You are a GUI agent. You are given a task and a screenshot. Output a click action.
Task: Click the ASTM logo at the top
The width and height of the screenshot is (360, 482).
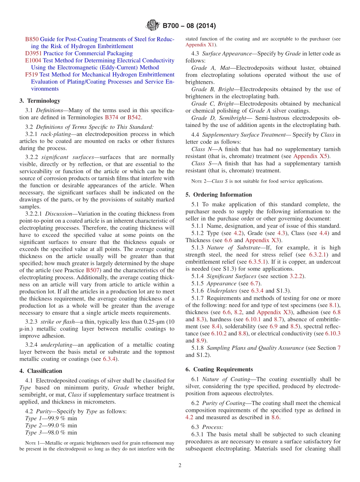[153, 26]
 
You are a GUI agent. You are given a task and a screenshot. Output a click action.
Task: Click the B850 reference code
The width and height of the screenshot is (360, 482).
[32, 39]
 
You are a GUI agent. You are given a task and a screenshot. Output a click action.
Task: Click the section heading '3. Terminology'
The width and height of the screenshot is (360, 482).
[40, 101]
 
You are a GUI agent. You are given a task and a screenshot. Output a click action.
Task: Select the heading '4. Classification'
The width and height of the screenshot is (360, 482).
[41, 371]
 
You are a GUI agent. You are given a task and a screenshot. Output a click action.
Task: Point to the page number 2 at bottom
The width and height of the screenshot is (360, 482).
[180, 465]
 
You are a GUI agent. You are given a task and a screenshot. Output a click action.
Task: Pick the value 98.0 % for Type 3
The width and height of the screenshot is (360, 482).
[65, 432]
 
